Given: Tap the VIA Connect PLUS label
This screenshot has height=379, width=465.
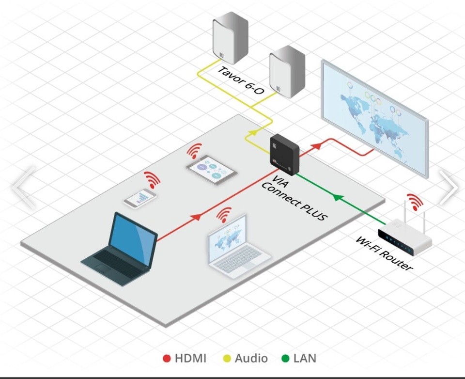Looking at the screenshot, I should [294, 201].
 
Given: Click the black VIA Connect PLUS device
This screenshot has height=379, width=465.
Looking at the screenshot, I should [284, 154].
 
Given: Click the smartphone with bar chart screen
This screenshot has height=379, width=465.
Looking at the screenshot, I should [140, 198].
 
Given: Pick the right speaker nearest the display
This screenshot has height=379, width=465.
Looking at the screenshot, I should [287, 72].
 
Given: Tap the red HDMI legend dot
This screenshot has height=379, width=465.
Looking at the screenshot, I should [167, 359].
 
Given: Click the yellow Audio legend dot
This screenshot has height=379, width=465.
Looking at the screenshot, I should [226, 359].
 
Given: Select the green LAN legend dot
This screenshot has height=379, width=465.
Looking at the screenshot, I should [285, 359].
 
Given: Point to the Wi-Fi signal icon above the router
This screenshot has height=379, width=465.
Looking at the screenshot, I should [415, 201].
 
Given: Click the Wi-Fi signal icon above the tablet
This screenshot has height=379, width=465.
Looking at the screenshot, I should [195, 151].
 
